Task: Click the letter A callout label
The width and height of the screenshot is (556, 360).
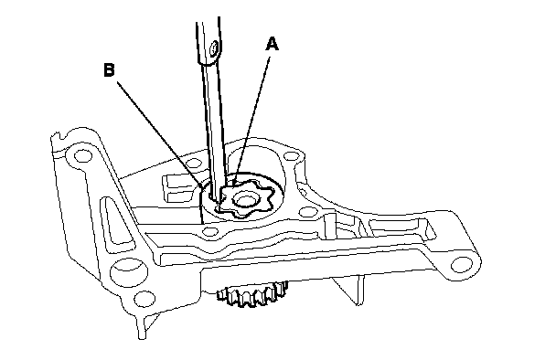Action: pyautogui.click(x=272, y=44)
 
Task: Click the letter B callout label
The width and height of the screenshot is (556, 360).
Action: pyautogui.click(x=109, y=69)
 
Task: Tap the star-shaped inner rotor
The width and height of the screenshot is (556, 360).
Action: pyautogui.click(x=246, y=197)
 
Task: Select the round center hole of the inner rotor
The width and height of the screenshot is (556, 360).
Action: pyautogui.click(x=244, y=200)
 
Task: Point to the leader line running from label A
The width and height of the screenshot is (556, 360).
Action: pyautogui.click(x=251, y=120)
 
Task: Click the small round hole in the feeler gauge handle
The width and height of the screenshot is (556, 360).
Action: pyautogui.click(x=213, y=48)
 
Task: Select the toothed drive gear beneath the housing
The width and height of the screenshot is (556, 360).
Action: pyautogui.click(x=252, y=293)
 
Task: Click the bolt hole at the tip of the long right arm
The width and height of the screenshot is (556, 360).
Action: pyautogui.click(x=461, y=264)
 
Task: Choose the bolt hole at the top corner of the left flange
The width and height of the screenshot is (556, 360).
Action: pyautogui.click(x=83, y=155)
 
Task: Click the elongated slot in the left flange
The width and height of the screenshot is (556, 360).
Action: pyautogui.click(x=116, y=221)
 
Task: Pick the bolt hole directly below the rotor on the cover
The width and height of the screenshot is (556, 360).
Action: pyautogui.click(x=210, y=232)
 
